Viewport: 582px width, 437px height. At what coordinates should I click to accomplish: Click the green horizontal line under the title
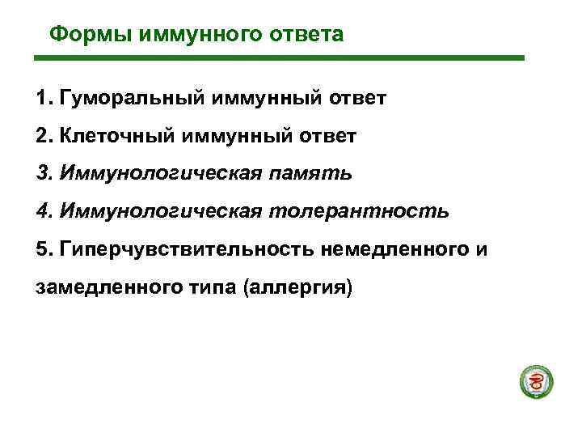(278, 58)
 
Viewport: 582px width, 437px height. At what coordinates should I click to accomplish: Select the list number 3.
(42, 174)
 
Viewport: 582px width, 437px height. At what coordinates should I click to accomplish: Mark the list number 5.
(42, 249)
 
